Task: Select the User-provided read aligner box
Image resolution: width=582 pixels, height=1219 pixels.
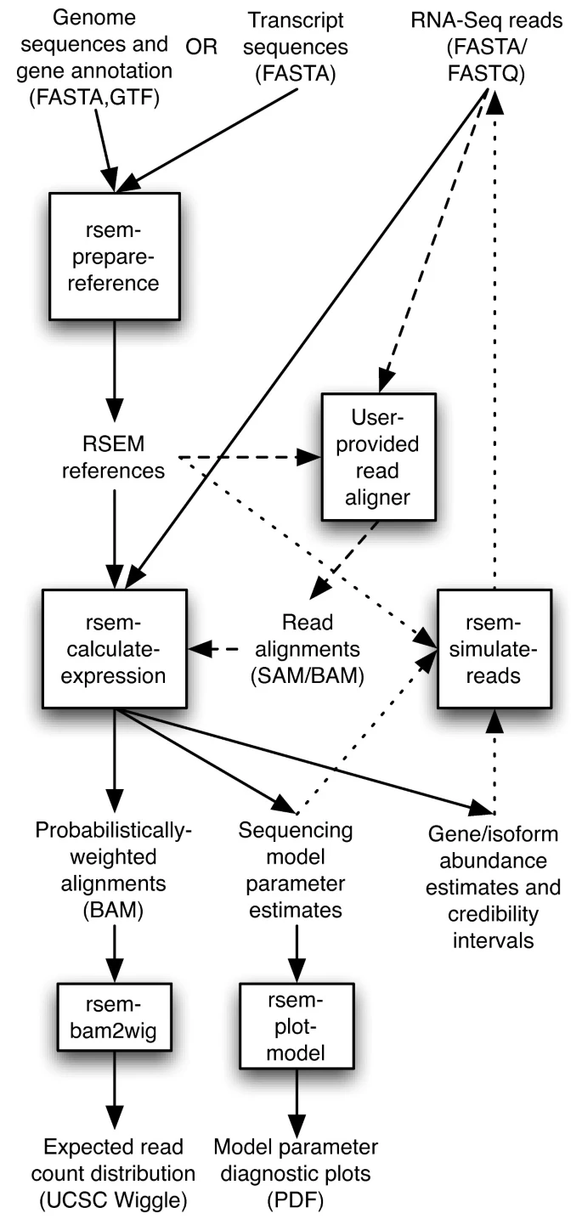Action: [x=377, y=456]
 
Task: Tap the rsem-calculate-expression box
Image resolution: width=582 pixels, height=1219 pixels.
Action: [x=114, y=651]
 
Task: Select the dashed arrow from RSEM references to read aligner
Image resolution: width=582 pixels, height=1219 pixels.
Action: [x=246, y=457]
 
